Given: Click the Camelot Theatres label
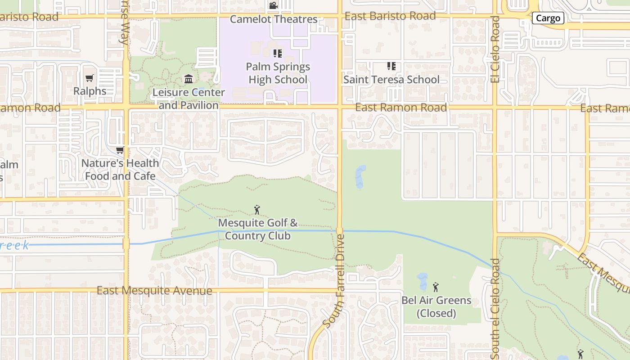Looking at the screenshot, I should pos(274,19).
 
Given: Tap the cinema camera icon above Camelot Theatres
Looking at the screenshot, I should pos(273,6).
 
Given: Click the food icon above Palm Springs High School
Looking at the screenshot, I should pos(278,54).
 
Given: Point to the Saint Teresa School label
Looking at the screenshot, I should pos(391,80).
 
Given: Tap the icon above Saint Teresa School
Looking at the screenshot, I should pos(391,66).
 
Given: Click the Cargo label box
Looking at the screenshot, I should pos(548,18).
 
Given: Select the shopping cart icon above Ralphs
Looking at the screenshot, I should pos(90,78).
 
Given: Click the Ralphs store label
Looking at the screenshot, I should pos(90,91).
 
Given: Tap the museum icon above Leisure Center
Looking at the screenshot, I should pos(189,80).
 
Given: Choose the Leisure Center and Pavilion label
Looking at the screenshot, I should pos(189,99).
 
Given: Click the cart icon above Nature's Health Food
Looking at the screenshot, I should pos(120,150).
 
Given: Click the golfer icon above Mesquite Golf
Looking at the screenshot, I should pos(257,210).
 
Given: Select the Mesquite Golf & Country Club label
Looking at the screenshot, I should pos(258,229).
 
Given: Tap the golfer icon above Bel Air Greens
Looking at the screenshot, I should pos(436,287).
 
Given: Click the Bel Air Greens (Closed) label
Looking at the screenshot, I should pos(436,306).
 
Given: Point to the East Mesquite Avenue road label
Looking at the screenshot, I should pos(154,291).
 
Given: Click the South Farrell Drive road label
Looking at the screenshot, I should pos(334,281).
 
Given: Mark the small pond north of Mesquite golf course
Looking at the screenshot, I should pos(360,176).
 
